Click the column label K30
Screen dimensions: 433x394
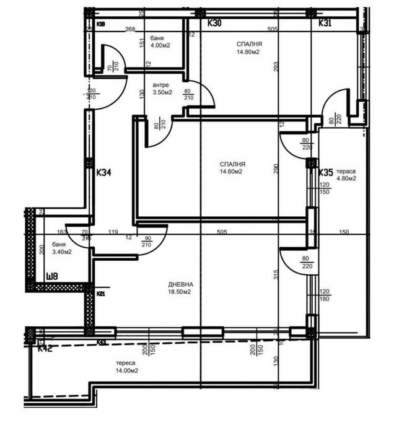(x=214, y=23)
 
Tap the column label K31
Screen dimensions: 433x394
(x=326, y=23)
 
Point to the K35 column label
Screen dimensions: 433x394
(x=326, y=173)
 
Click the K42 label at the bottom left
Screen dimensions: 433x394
(x=45, y=349)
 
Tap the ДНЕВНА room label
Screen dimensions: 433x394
(x=178, y=284)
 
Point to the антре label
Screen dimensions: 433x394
(x=160, y=85)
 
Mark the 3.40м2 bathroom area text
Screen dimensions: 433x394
(x=62, y=252)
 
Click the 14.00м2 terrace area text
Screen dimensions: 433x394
(x=126, y=370)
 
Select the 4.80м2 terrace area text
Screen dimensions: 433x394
(x=346, y=179)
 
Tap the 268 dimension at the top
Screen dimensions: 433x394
(x=129, y=28)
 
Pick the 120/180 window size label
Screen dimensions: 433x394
(x=325, y=295)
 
